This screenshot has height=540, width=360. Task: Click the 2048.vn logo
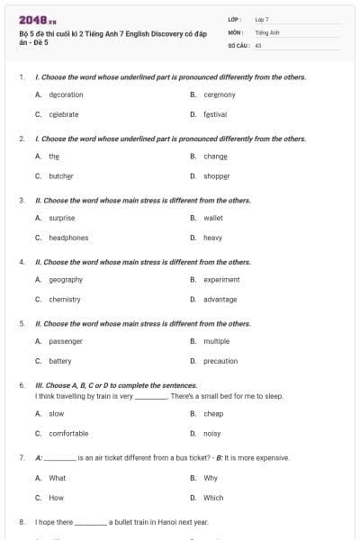pos(38,19)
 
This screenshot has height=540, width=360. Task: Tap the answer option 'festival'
pos(214,114)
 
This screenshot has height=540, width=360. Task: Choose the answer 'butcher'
pos(60,175)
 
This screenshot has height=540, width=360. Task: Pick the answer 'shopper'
pos(216,175)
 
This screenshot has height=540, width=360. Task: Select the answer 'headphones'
pos(68,238)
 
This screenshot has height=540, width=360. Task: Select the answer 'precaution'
pos(220,361)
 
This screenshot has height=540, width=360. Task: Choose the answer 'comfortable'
pos(68,433)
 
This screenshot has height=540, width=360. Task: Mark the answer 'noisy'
pos(212,433)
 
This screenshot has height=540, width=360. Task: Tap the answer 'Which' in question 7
pos(213,497)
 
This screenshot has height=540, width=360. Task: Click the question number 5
pos(21,323)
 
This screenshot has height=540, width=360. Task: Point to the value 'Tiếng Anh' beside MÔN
pos(267,31)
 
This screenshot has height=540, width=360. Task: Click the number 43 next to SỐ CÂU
pos(258,43)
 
